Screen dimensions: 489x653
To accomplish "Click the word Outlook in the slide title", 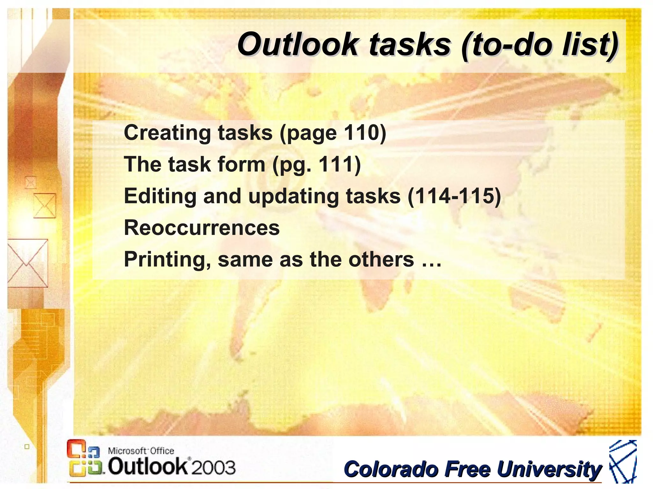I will tap(298, 45).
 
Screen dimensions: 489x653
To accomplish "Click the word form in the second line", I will tap(241, 164).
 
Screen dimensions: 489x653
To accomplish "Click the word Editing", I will tap(160, 196).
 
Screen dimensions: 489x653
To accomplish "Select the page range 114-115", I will tap(454, 196).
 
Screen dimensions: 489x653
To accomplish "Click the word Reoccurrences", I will tap(202, 228).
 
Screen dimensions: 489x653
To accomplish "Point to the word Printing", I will tap(167, 259).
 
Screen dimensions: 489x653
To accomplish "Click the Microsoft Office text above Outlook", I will tap(141, 451).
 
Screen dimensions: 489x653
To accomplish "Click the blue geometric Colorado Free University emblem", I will tap(622, 462).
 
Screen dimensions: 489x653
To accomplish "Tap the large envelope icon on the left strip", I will tap(28, 263).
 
